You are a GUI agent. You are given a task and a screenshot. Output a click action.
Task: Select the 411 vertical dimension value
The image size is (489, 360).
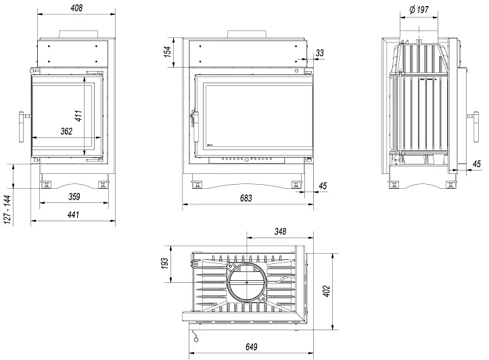[78, 116]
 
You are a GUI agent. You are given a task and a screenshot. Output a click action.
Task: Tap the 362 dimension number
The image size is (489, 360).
[66, 131]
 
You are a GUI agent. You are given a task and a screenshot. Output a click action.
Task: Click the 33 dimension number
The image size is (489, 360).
[319, 52]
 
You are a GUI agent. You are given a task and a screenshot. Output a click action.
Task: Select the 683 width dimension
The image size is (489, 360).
[246, 198]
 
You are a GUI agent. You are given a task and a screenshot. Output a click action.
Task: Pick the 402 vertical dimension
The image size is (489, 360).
[327, 291]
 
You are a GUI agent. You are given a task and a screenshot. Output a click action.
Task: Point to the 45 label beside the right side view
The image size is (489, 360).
[476, 164]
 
